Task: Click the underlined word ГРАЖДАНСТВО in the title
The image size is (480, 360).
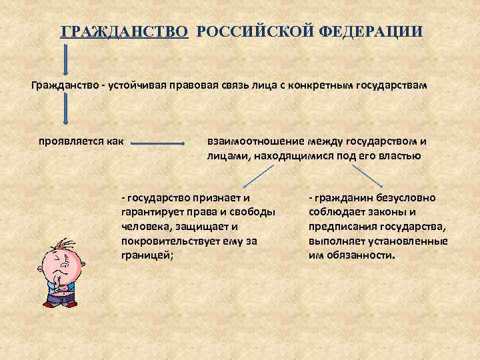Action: point(124,32)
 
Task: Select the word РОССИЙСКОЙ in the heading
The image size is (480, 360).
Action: point(244,32)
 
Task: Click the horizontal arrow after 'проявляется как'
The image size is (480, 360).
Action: point(158,142)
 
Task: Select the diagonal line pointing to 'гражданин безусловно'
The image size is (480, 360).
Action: point(367,176)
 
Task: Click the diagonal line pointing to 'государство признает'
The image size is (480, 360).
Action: point(259,176)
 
